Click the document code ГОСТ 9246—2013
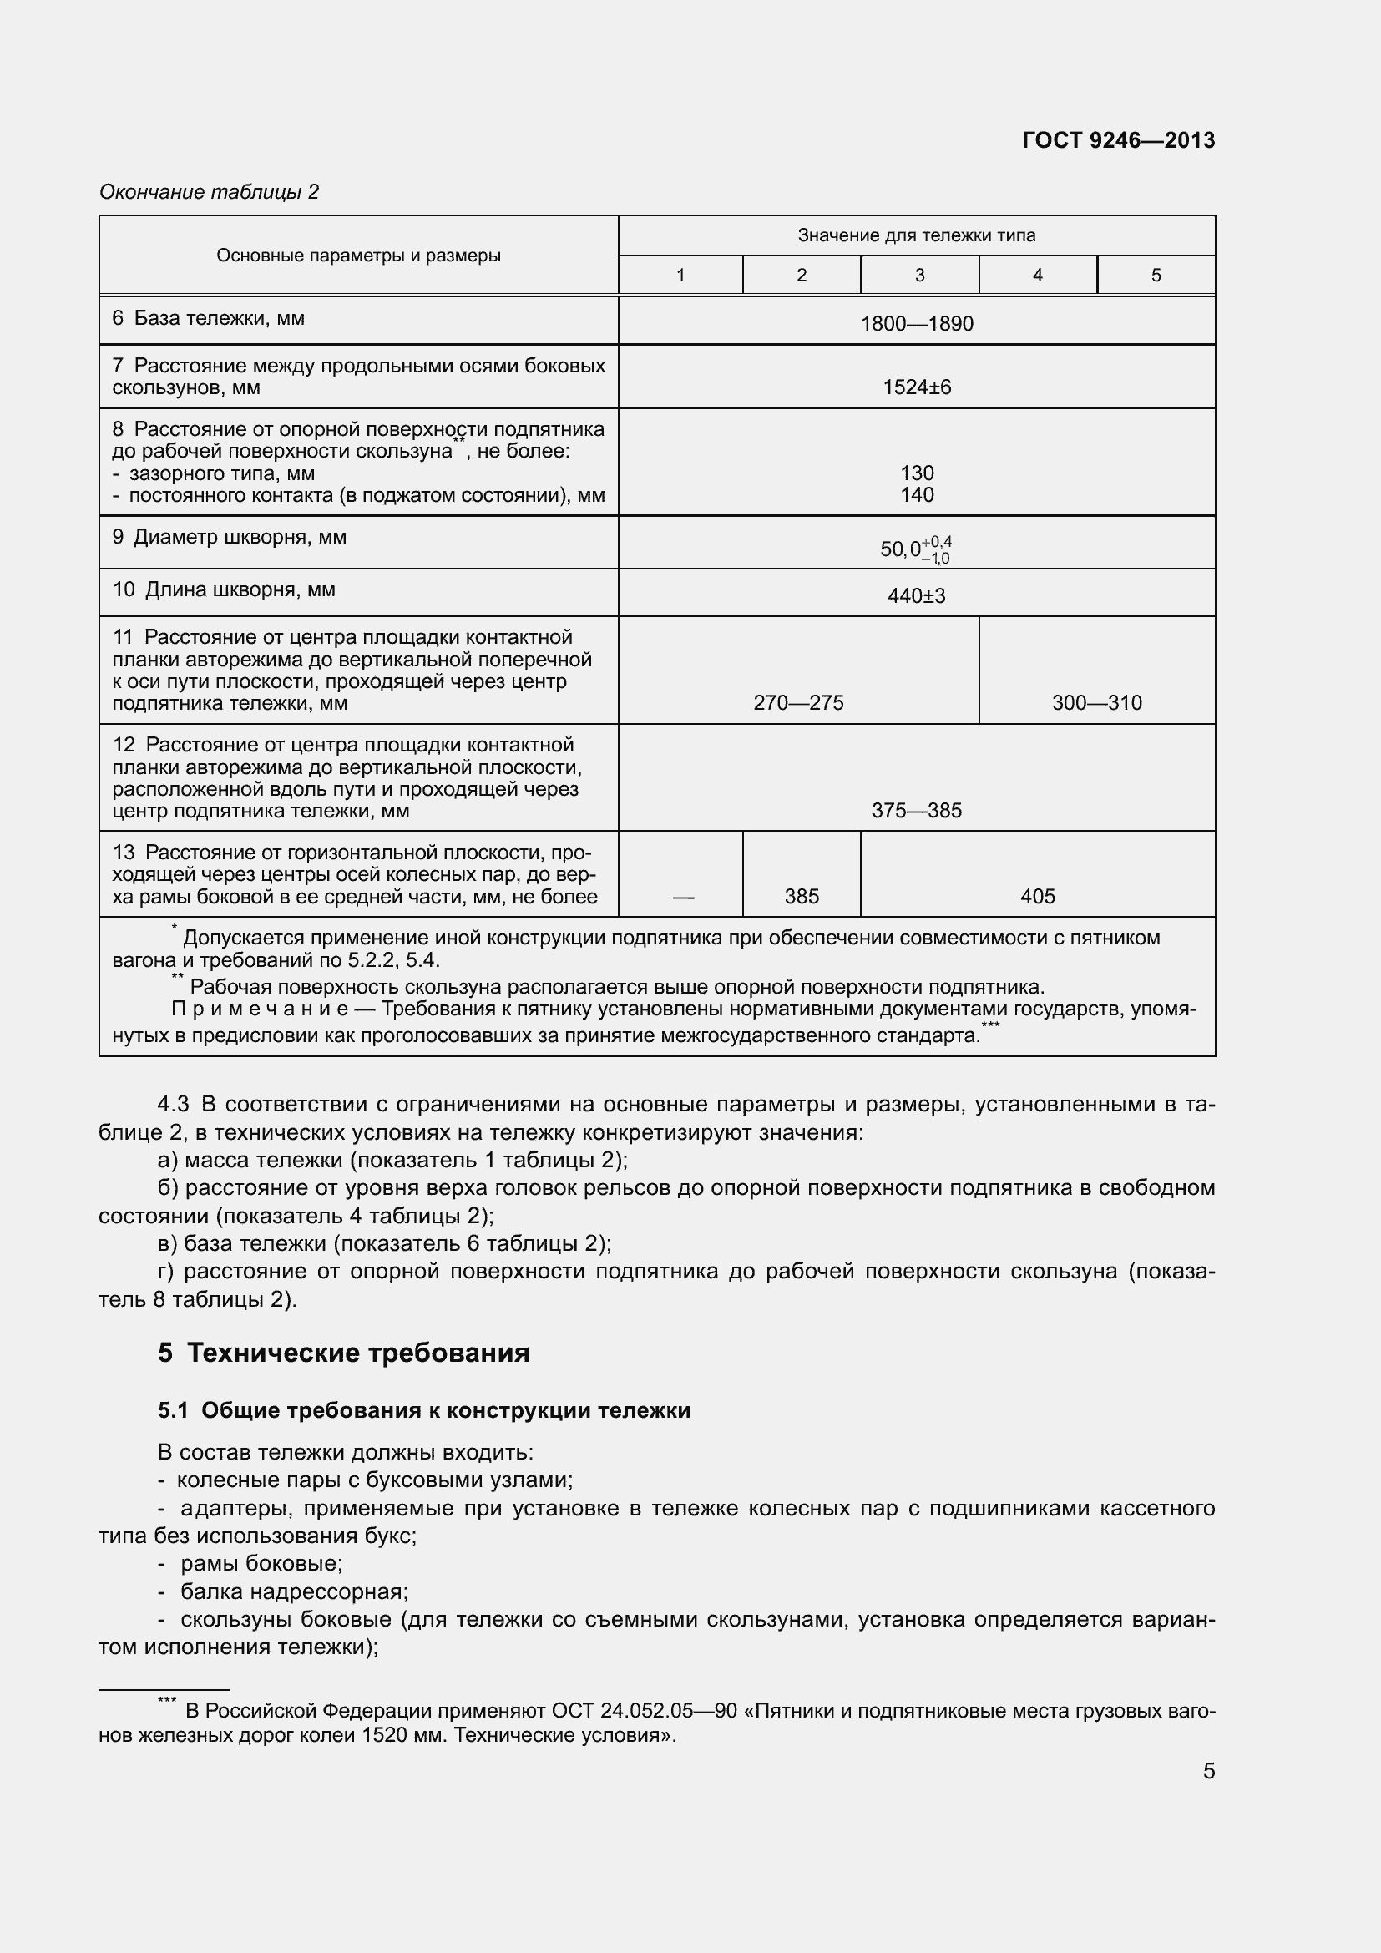coord(1118,140)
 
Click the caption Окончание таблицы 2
coord(210,192)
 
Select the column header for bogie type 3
coord(919,275)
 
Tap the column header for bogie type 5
coord(1156,275)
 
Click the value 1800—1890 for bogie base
coord(917,324)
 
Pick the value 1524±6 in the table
coord(917,388)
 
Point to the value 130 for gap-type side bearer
coord(917,473)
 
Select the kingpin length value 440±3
coord(917,596)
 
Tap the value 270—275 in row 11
coord(798,702)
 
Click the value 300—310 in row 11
coord(1096,702)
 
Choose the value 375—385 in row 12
coord(917,811)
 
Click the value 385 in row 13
coord(802,897)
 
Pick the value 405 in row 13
coord(1038,897)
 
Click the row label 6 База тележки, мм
coord(209,318)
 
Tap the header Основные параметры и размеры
coord(358,256)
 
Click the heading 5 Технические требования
coord(343,1353)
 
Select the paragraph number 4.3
coord(174,1105)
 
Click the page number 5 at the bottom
coord(1208,1771)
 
